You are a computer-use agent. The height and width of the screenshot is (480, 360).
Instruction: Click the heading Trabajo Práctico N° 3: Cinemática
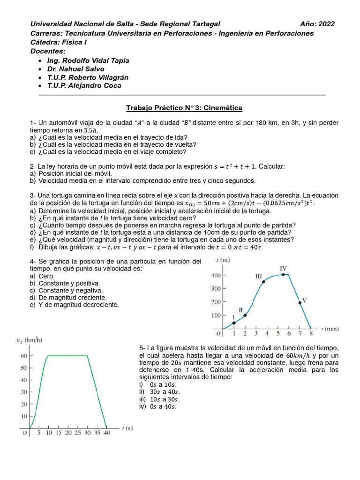point(184,108)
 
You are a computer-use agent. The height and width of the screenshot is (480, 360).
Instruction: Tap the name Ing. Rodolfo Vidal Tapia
point(88,60)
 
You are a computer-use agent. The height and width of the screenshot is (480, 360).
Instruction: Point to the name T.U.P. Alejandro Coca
point(84,86)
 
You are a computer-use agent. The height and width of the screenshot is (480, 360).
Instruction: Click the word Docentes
point(48,51)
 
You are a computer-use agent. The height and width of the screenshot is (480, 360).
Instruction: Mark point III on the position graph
point(263,282)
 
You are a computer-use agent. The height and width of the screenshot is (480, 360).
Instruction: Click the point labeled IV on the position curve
point(283,275)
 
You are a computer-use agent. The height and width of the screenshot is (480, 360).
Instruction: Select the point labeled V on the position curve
point(300,303)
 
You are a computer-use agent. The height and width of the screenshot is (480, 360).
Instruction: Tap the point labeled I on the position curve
point(234,323)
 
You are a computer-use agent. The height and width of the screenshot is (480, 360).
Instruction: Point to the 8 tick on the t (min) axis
point(310,334)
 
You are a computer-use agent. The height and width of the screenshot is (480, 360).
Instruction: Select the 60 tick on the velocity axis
point(23,356)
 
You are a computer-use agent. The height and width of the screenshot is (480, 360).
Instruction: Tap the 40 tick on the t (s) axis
point(107,434)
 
